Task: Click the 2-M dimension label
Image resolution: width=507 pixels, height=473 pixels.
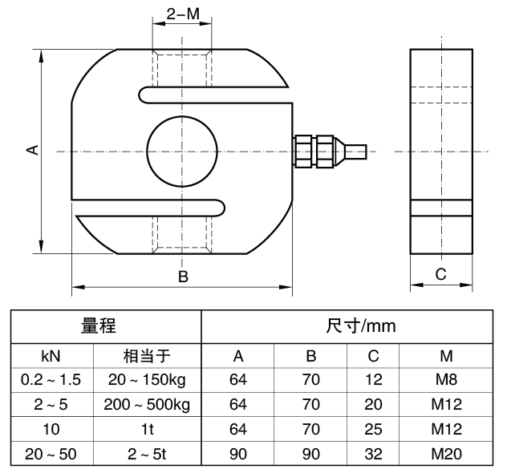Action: tap(183, 14)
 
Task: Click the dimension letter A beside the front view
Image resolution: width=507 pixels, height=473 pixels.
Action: tap(32, 150)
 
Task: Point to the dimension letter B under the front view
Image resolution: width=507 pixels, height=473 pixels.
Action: tap(183, 277)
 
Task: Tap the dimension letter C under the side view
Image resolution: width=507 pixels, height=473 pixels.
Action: tap(440, 274)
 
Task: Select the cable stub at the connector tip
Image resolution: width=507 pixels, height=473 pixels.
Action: tap(355, 152)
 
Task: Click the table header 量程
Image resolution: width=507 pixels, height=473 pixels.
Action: tap(98, 325)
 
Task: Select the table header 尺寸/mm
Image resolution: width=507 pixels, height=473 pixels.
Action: tap(360, 326)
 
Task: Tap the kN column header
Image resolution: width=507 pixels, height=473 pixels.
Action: tap(51, 356)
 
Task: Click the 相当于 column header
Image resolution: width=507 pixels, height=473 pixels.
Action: tap(147, 356)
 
